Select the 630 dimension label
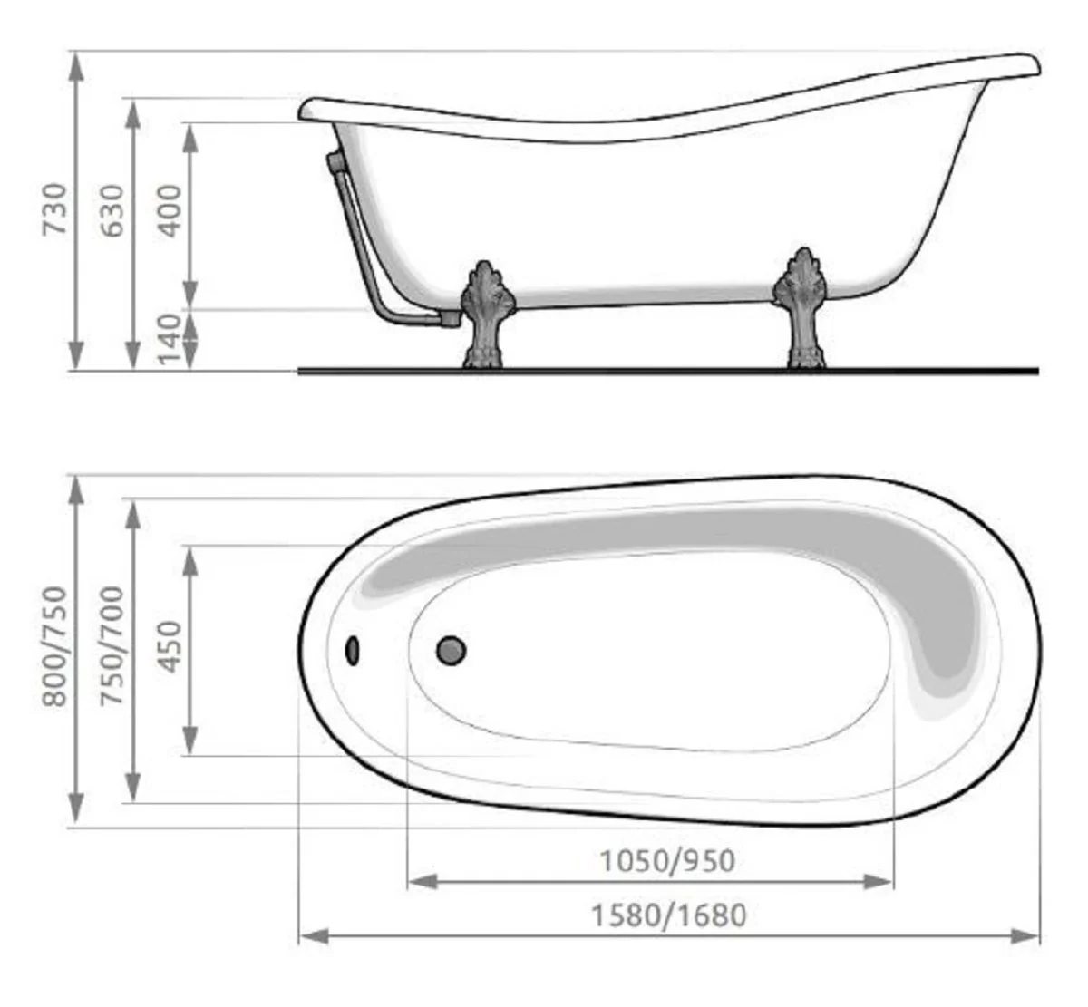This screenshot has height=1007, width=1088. coord(112,210)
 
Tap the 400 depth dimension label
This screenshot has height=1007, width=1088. coord(170,210)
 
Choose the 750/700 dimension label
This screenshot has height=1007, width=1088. coord(112,646)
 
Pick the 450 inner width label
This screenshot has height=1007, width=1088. coord(170,647)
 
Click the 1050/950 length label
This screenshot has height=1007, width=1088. coord(667,859)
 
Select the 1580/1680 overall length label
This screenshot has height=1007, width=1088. coord(669,915)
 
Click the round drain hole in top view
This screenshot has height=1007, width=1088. coord(452,649)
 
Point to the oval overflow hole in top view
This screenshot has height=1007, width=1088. coord(353,650)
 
